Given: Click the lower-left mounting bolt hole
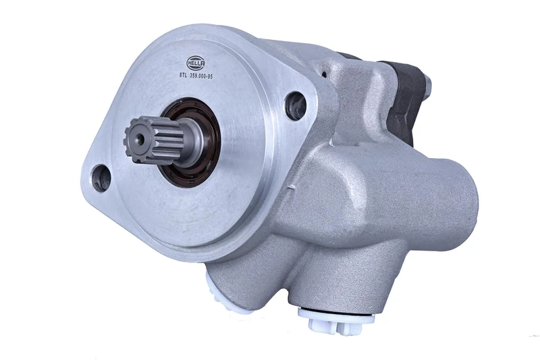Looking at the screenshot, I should (x=101, y=177).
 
